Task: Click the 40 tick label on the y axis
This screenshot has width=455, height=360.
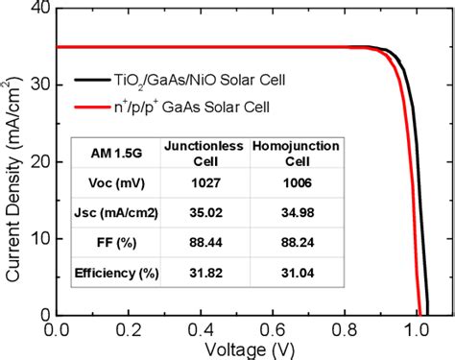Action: pos(42,10)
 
